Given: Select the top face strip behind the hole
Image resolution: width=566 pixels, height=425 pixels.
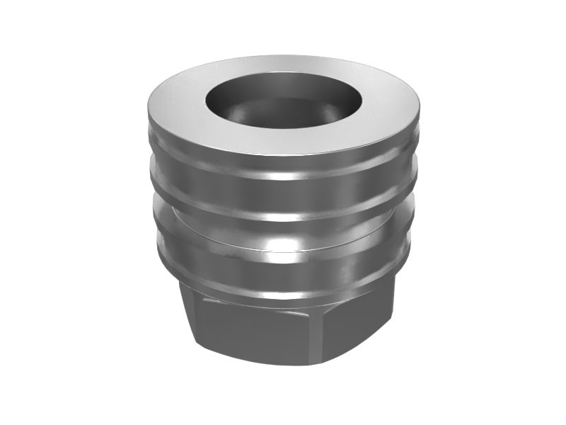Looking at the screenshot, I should point(283,67).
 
